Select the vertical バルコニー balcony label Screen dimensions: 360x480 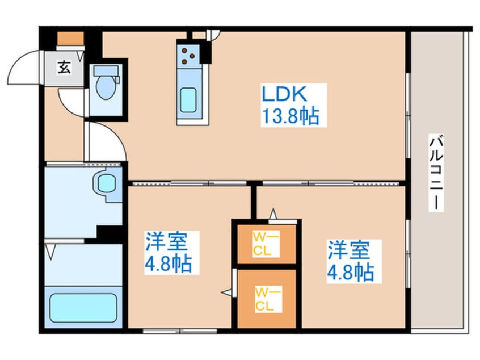point(436,173)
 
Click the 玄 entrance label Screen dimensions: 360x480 point(64,68)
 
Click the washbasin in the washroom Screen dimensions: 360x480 point(106,183)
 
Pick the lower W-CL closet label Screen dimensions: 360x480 point(265,299)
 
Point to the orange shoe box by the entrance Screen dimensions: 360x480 point(70,39)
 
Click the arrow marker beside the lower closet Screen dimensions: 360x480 point(227,292)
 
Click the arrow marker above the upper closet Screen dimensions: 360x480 point(273,214)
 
